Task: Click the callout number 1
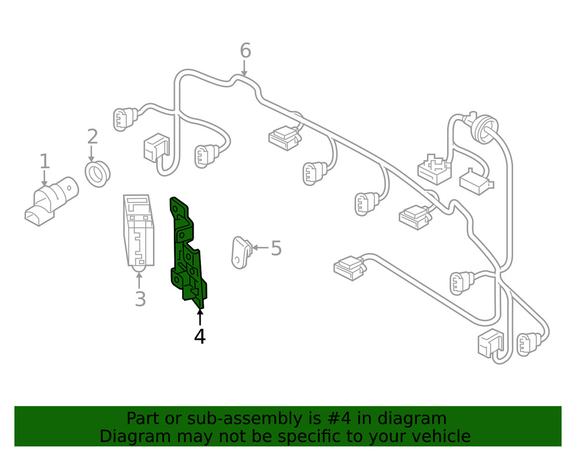[44, 162]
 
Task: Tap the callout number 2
[92, 137]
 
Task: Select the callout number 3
[140, 299]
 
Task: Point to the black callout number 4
[199, 336]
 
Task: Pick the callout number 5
[276, 248]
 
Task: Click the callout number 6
[245, 51]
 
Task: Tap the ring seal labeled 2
[98, 173]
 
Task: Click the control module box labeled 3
[139, 230]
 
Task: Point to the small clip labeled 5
[241, 252]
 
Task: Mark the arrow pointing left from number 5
[260, 248]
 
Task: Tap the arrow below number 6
[245, 69]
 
